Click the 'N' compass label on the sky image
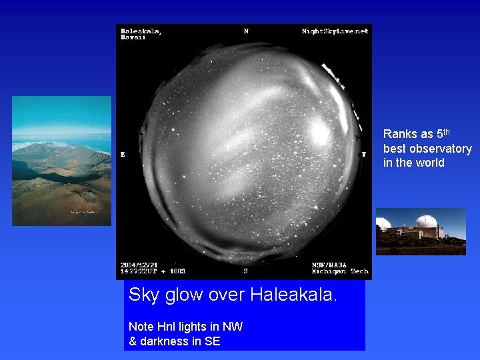(x=246, y=31)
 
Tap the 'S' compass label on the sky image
(x=245, y=271)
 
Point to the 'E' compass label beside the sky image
(x=123, y=154)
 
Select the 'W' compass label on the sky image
(x=363, y=154)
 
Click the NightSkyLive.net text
(x=335, y=31)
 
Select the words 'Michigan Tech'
(x=340, y=272)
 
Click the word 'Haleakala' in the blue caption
(x=293, y=295)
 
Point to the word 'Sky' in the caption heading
(x=143, y=295)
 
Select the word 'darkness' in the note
(x=163, y=341)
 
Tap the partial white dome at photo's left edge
(x=383, y=224)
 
